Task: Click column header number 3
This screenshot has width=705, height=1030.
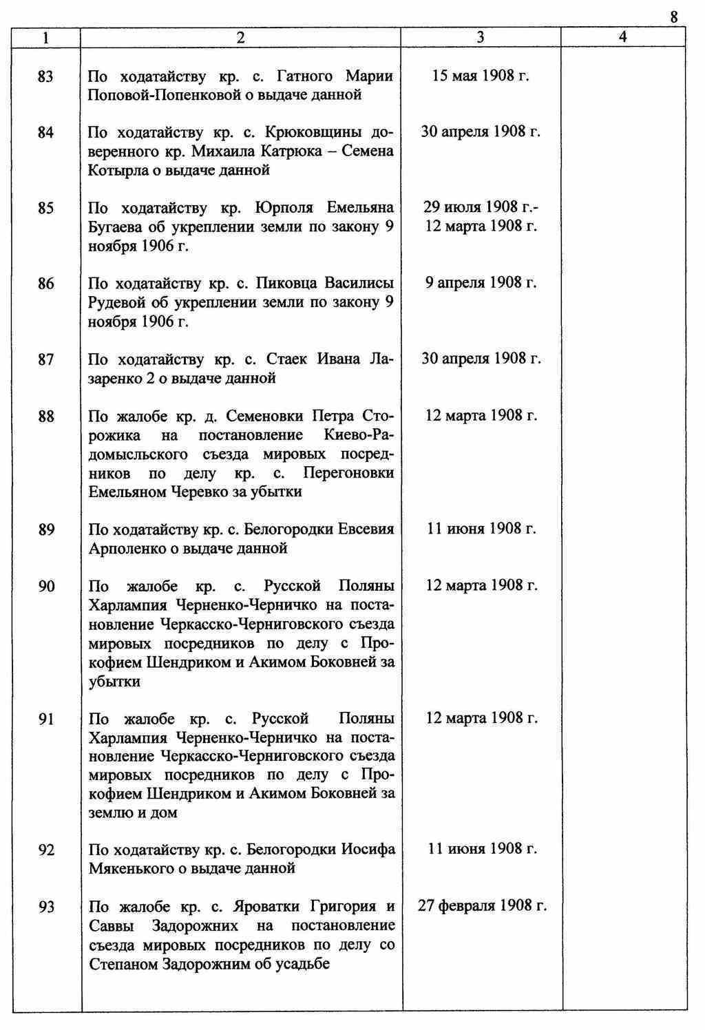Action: pyautogui.click(x=480, y=38)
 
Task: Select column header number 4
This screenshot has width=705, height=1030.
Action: pyautogui.click(x=622, y=38)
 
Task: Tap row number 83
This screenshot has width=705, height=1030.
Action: pyautogui.click(x=45, y=76)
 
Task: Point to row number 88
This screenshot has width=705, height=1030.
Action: pyautogui.click(x=45, y=417)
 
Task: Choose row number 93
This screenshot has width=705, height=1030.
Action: pyautogui.click(x=45, y=907)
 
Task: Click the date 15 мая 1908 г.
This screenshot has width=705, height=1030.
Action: pyautogui.click(x=480, y=76)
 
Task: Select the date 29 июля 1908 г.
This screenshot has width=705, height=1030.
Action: pyautogui.click(x=481, y=207)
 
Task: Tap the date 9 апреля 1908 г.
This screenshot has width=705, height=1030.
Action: pyautogui.click(x=481, y=283)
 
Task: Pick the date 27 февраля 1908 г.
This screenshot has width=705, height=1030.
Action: pyautogui.click(x=482, y=906)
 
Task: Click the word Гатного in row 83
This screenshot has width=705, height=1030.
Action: pyautogui.click(x=305, y=76)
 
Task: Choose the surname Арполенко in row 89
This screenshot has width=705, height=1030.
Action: pyautogui.click(x=127, y=549)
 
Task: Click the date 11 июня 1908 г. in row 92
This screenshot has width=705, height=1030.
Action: pyautogui.click(x=481, y=850)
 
